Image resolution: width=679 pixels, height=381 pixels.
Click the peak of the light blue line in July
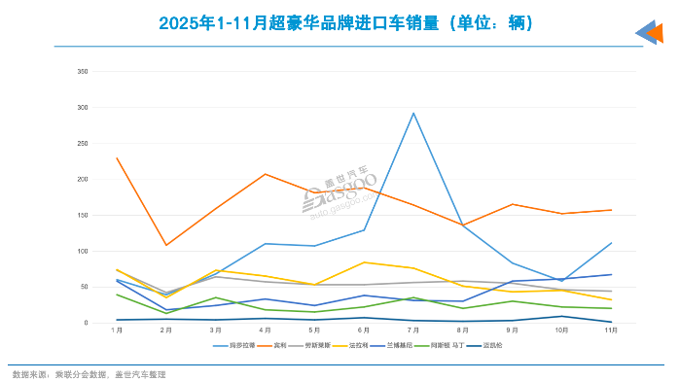413,113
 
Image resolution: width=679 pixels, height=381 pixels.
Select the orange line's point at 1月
117,157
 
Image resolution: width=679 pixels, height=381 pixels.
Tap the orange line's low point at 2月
166,245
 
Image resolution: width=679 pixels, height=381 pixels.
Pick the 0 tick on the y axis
86,323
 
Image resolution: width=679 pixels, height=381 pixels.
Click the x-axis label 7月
413,331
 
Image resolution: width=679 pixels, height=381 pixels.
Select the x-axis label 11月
611,331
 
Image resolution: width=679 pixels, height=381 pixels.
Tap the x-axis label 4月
265,331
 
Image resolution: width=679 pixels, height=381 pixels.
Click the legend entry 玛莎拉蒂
241,345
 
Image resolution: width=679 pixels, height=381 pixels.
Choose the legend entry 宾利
285,345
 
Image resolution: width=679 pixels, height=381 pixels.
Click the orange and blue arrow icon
649,33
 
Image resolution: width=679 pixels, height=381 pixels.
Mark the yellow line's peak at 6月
364,262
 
